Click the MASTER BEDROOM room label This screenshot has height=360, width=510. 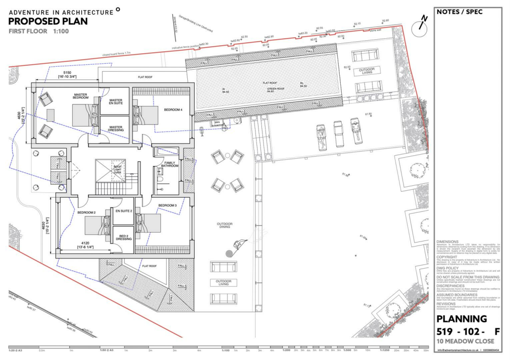(x=81, y=96)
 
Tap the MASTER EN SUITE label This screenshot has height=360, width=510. (x=115, y=103)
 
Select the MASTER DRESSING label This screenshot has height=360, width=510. (x=115, y=128)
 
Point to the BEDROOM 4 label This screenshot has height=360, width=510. (x=166, y=110)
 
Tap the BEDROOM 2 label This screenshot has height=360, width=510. (x=86, y=213)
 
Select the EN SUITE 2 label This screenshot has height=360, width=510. (x=124, y=211)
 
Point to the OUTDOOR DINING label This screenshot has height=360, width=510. (x=224, y=225)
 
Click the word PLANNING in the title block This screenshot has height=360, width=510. (x=462, y=319)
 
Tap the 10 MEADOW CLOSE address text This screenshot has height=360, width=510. (x=465, y=341)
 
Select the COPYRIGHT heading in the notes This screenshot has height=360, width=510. (x=447, y=257)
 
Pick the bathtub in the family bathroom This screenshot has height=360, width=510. (x=167, y=151)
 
